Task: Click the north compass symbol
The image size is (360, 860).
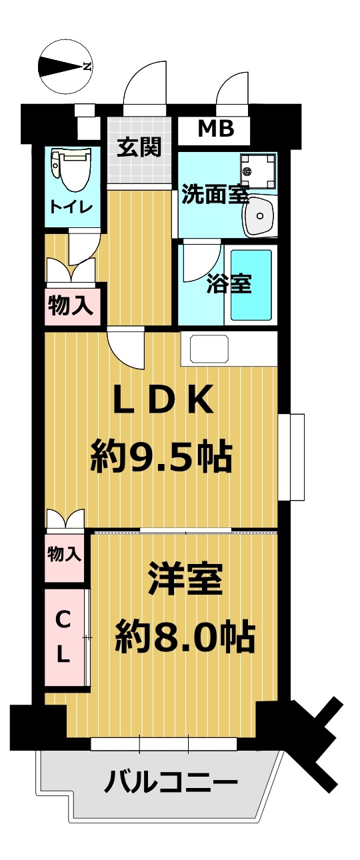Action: [x=65, y=67]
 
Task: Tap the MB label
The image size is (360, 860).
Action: [x=216, y=129]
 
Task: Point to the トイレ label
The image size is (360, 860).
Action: [x=72, y=208]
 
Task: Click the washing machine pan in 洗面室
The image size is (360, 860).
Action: [x=258, y=171]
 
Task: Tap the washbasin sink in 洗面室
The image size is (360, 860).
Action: [x=259, y=217]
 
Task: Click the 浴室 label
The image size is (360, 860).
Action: [x=229, y=284]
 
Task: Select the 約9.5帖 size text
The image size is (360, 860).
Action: [x=161, y=457]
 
